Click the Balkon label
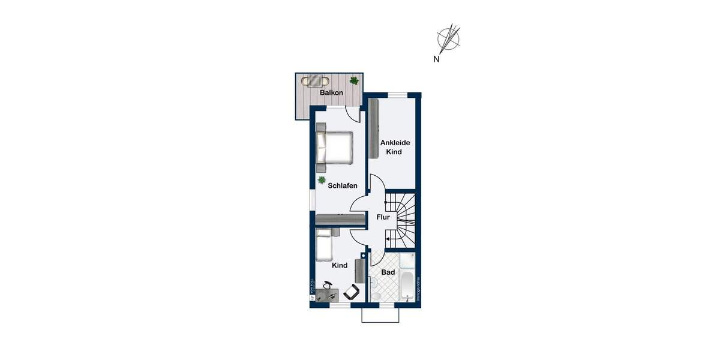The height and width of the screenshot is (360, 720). click(331, 93)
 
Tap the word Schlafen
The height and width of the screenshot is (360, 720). click(343, 185)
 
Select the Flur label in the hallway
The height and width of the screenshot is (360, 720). click(383, 217)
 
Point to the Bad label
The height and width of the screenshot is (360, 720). click(388, 272)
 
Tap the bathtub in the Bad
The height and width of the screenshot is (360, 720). click(408, 287)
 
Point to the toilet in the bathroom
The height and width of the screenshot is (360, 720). click(375, 295)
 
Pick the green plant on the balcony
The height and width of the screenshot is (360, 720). click(354, 80)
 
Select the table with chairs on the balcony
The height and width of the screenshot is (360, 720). click(316, 80)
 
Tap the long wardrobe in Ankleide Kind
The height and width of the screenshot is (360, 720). click(373, 128)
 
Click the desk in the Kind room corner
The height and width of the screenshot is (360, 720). click(327, 295)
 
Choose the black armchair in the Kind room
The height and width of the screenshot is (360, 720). click(352, 292)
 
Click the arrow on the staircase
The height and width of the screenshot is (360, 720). click(389, 239)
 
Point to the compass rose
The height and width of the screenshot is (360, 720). click(449, 38)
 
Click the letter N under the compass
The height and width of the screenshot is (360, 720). click(436, 59)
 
